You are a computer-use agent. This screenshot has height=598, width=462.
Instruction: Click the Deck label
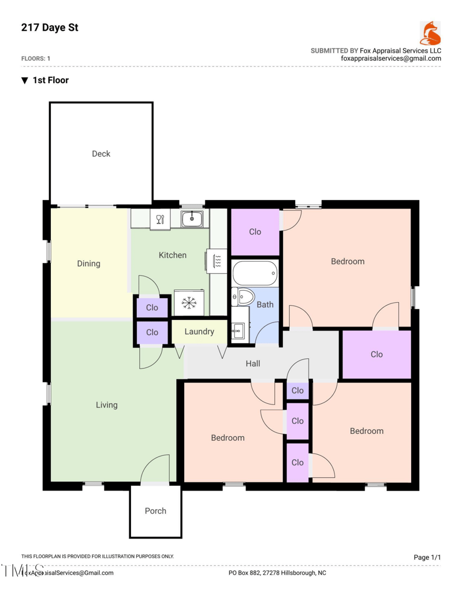(x=101, y=154)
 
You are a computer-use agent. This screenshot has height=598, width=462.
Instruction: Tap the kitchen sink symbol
(x=192, y=219)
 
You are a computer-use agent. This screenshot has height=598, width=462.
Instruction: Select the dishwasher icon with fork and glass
(x=161, y=219)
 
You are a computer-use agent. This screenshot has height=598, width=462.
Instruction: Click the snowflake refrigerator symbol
(x=189, y=302)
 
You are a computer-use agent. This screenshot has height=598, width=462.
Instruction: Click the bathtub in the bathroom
(x=255, y=273)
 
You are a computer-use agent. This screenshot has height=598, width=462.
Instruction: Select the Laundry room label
(x=199, y=332)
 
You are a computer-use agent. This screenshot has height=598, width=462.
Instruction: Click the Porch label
(x=155, y=511)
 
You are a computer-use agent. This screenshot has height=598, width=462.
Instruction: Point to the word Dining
(x=89, y=263)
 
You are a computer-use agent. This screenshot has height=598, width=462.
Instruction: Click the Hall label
(x=253, y=363)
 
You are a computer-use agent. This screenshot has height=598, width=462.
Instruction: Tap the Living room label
(x=106, y=405)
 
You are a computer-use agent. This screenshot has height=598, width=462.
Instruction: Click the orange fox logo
(x=430, y=34)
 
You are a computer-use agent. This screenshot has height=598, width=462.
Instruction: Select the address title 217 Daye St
(x=50, y=27)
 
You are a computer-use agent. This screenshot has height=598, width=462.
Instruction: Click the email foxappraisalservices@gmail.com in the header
(x=391, y=58)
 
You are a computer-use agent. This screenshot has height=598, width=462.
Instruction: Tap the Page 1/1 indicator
(x=427, y=557)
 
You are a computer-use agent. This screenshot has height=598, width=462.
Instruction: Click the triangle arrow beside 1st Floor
(x=24, y=80)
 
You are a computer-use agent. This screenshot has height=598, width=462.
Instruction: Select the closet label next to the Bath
(x=255, y=232)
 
